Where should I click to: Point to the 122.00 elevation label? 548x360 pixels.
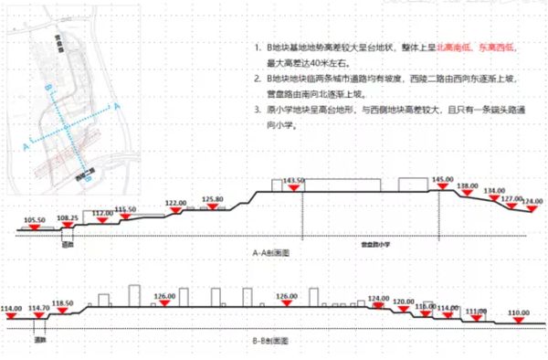pyautogui.click(x=176, y=202)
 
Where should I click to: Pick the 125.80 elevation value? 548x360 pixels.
pyautogui.click(x=213, y=198)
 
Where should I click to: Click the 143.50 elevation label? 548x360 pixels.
pyautogui.click(x=293, y=180)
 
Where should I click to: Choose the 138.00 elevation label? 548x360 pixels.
pyautogui.click(x=468, y=185)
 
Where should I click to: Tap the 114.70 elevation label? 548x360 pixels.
pyautogui.click(x=40, y=308)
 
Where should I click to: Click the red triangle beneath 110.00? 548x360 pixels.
pyautogui.click(x=518, y=321)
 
